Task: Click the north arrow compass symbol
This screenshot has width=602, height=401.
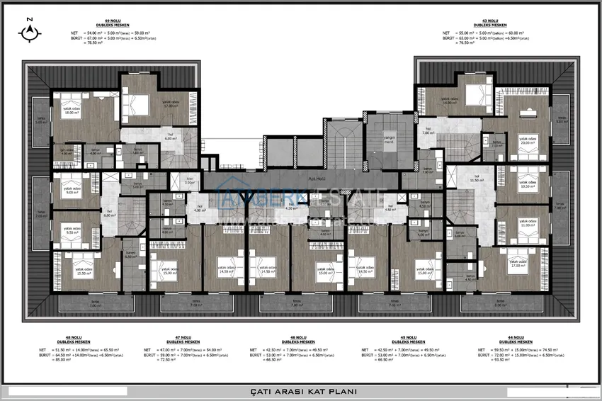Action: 29,29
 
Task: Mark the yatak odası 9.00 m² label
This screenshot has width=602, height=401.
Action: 71,190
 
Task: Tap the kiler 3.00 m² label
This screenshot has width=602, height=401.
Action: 189,181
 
